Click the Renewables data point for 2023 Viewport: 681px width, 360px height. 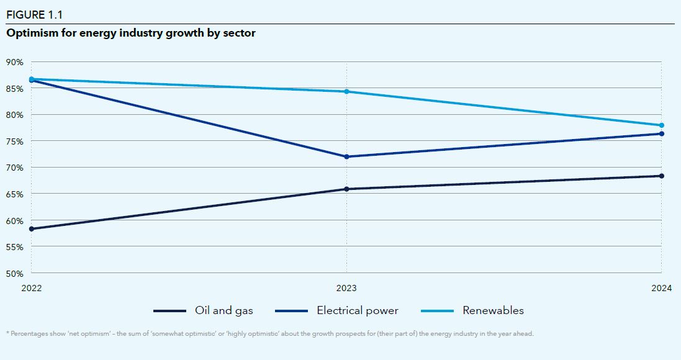[x=346, y=92]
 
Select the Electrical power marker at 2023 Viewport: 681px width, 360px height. [x=346, y=156]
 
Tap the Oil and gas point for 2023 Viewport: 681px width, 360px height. [x=346, y=189]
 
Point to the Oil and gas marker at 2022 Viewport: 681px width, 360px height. [x=32, y=229]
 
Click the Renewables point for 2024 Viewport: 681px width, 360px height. [x=661, y=125]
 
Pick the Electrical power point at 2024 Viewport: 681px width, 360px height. [x=661, y=133]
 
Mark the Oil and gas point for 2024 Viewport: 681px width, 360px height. [x=661, y=176]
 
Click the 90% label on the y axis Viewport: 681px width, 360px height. [x=15, y=62]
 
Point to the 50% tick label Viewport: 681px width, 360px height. [x=15, y=273]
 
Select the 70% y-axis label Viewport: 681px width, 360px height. [x=15, y=168]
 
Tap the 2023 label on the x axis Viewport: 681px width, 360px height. [x=346, y=288]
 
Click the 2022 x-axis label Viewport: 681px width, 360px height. [x=32, y=288]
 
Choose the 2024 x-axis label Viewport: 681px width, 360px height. [x=661, y=288]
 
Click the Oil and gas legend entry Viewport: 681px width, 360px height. [x=223, y=310]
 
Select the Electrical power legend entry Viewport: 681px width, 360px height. [x=357, y=310]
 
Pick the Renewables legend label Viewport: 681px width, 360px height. [x=493, y=310]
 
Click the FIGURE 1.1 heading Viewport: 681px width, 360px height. [x=34, y=15]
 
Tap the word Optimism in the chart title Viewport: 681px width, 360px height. [x=31, y=34]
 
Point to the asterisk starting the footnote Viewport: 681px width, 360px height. [x=7, y=333]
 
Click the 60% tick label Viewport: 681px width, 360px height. [x=15, y=220]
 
